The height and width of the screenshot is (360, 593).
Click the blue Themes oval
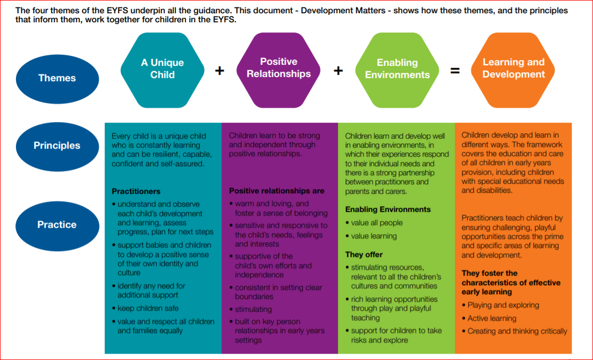(x=57, y=78)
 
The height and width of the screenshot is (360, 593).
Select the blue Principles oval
(x=57, y=145)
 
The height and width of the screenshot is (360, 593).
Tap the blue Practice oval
(x=57, y=225)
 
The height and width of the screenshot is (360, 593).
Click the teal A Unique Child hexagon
(x=163, y=69)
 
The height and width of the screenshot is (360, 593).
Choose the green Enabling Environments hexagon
(x=397, y=69)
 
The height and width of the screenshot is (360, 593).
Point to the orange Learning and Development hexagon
(x=513, y=68)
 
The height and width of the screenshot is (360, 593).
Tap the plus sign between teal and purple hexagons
(x=220, y=71)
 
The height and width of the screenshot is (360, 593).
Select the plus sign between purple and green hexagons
(x=338, y=71)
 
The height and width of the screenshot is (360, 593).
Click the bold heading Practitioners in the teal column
(x=136, y=191)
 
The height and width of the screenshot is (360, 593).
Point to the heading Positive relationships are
(x=276, y=191)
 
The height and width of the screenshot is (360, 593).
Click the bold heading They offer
(x=364, y=254)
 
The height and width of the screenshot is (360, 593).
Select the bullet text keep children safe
(x=148, y=308)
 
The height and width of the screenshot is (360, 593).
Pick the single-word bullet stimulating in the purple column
(x=253, y=309)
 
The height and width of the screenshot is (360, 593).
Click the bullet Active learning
(x=492, y=318)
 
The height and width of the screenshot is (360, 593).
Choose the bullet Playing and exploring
(x=503, y=305)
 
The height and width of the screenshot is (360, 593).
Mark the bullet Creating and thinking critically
(x=517, y=331)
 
